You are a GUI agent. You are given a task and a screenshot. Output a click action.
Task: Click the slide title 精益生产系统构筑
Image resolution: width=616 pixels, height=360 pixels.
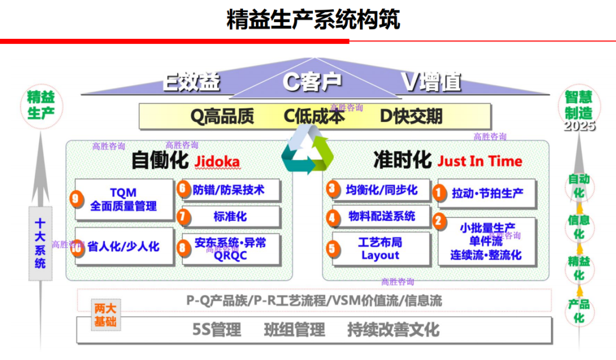313,19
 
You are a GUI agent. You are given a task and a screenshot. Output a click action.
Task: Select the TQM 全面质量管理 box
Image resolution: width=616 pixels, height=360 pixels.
124,199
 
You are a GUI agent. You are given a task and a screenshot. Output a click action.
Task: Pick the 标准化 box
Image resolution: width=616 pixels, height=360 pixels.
230,217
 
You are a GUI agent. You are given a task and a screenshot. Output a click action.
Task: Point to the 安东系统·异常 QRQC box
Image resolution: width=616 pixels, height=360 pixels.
230,249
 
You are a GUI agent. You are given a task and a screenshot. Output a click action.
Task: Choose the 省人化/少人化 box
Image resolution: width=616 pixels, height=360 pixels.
124,246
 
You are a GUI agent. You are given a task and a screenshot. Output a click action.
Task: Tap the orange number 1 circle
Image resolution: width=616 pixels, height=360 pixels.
439,193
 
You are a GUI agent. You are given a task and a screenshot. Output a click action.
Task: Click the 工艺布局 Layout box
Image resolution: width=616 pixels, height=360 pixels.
380,249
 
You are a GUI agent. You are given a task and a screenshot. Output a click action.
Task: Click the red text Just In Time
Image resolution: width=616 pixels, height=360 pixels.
480,161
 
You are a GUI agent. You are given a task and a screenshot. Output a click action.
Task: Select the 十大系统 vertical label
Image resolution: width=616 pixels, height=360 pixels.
40,243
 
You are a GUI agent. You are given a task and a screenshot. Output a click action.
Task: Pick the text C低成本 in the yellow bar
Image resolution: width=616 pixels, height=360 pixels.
314,116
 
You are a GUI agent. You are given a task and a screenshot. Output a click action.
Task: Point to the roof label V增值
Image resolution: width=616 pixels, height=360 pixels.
431,83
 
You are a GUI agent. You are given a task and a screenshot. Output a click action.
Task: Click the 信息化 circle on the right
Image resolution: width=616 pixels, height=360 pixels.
579,227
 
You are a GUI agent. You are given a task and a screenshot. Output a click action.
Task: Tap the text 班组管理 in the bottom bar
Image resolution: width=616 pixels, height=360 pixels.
294,330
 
